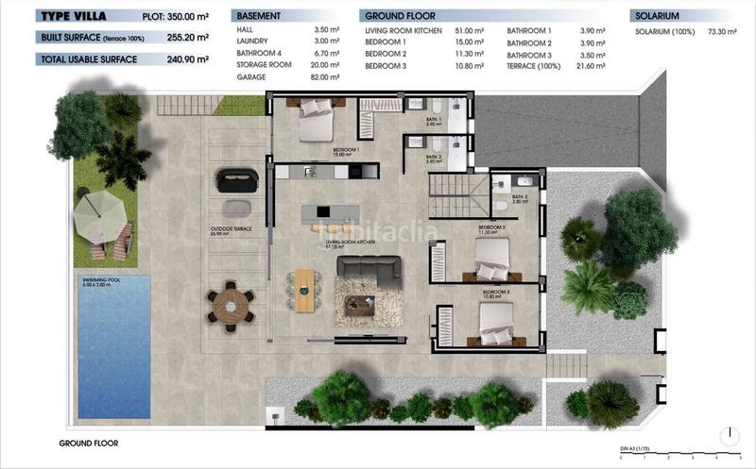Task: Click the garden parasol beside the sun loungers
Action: pyautogui.click(x=100, y=216)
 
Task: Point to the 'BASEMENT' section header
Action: pyautogui.click(x=259, y=16)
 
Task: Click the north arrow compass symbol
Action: pyautogui.click(x=730, y=436)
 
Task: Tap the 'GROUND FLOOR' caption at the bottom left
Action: pyautogui.click(x=87, y=443)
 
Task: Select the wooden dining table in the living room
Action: pyautogui.click(x=304, y=290)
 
